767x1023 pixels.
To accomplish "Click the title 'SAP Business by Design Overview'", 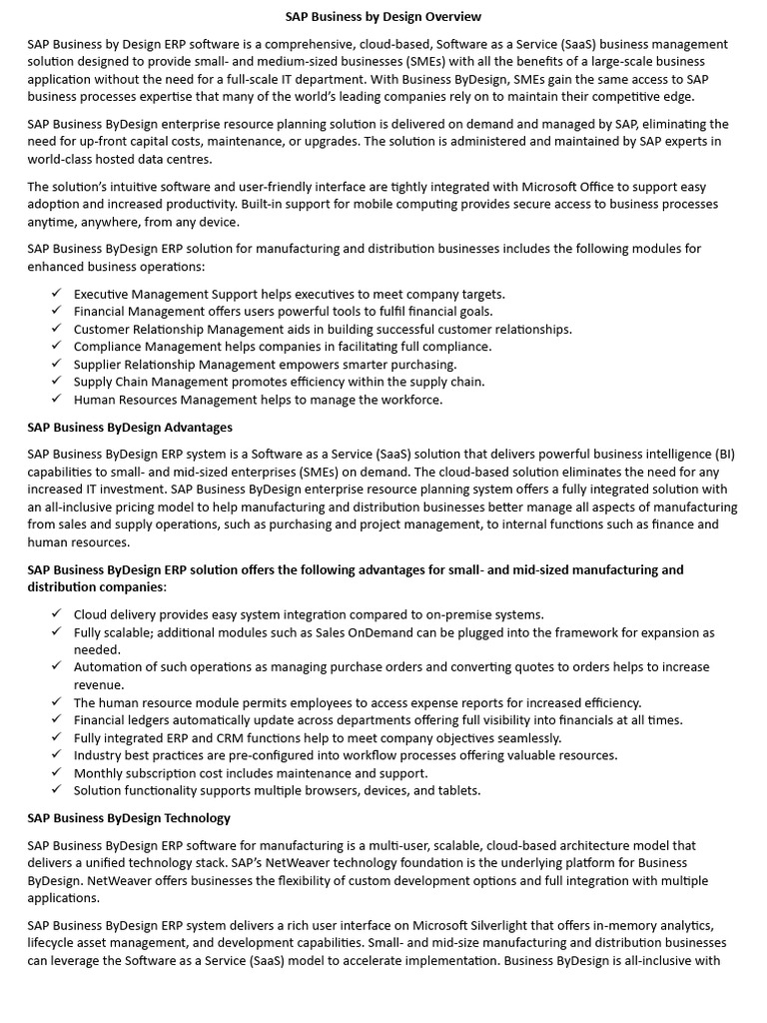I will (383, 17).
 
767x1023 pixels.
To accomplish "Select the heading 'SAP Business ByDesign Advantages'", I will (130, 427).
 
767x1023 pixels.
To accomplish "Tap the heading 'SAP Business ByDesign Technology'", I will (129, 817).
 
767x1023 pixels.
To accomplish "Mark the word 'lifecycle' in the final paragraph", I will (55, 943).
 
